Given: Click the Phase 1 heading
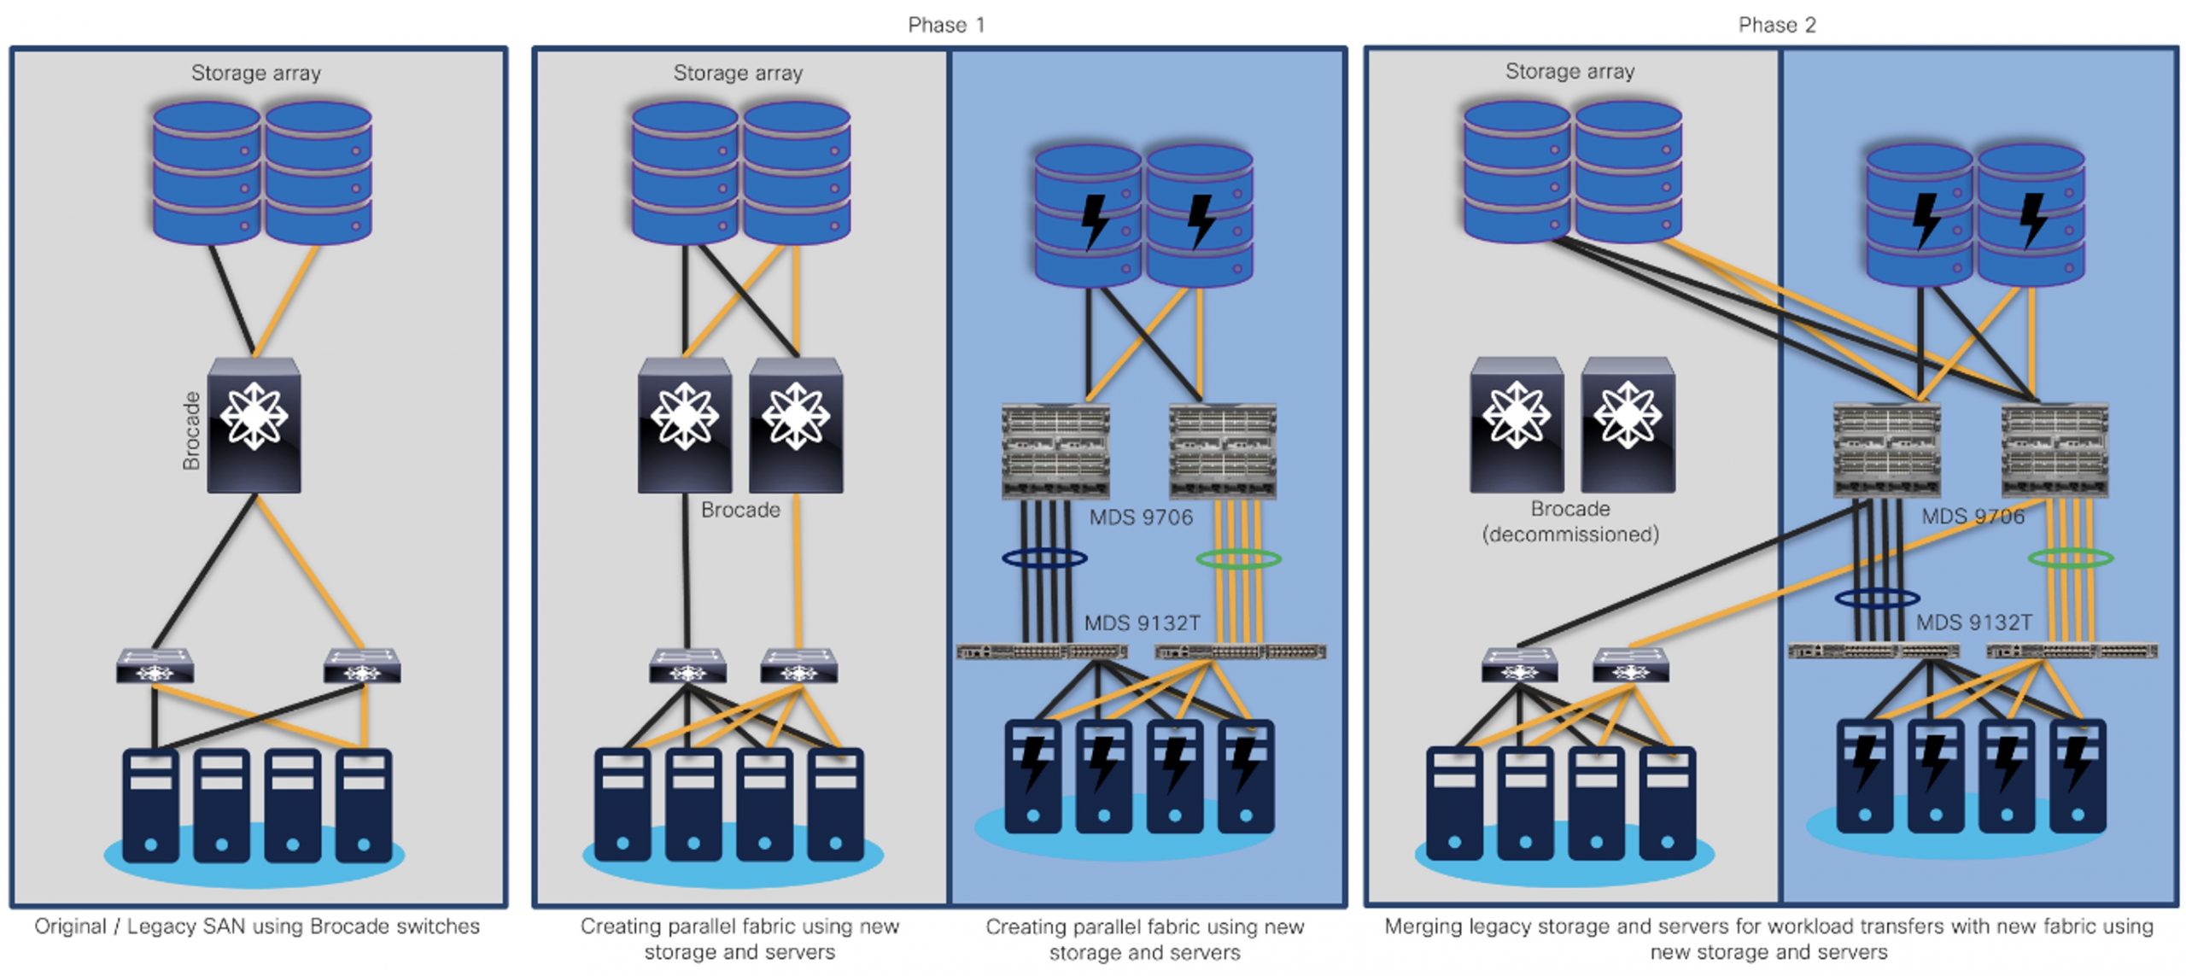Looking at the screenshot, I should click(x=946, y=25).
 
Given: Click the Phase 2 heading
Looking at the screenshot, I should click(x=1776, y=25).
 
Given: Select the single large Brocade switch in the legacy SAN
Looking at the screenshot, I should click(x=254, y=424).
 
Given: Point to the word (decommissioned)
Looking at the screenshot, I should click(x=1570, y=535).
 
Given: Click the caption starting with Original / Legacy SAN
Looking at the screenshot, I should click(x=257, y=926).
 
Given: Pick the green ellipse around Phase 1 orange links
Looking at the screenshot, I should click(x=1238, y=559).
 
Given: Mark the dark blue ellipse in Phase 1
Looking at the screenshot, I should click(x=1044, y=558).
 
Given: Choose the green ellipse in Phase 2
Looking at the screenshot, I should click(x=2070, y=558).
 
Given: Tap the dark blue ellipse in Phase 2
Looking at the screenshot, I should click(x=1877, y=598).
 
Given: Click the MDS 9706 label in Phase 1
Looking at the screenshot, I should click(x=1141, y=517).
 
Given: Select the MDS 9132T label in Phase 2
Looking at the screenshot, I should click(x=1973, y=622).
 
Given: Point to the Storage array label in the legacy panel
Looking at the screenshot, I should click(x=256, y=73).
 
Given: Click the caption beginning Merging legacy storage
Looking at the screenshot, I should click(x=1768, y=938).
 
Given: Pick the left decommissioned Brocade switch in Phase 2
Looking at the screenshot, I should click(x=1517, y=424).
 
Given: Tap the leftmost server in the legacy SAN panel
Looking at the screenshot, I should click(x=151, y=804).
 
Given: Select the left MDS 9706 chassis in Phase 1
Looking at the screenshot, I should click(x=1055, y=451).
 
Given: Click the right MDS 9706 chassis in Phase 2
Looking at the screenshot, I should click(x=2054, y=451).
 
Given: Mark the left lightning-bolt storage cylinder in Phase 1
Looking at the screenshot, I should click(x=1088, y=216).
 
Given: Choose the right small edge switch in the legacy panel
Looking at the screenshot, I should click(x=362, y=666).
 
